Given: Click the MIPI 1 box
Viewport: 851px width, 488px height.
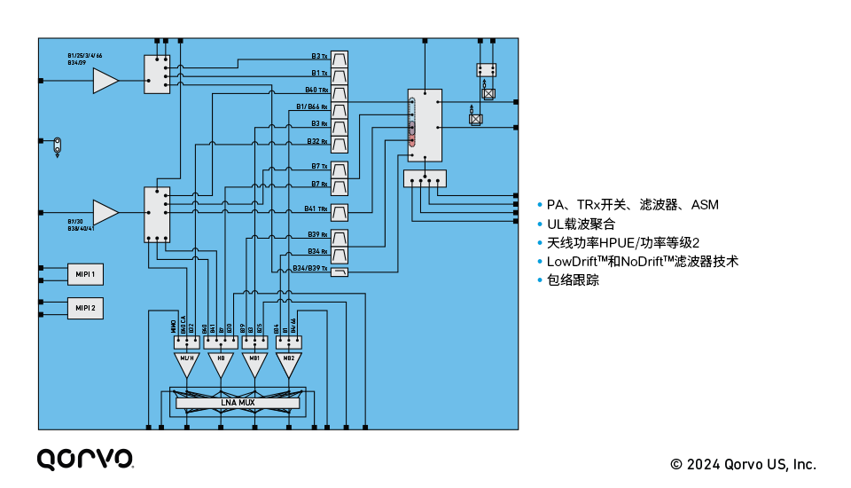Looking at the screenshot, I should [x=85, y=273].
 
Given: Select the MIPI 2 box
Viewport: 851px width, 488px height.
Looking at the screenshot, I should [x=85, y=308].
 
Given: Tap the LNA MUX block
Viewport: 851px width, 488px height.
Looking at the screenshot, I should [x=238, y=403].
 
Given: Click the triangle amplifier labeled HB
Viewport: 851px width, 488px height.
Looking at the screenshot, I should [x=221, y=362].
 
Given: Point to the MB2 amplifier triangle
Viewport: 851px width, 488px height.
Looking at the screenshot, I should [x=286, y=362].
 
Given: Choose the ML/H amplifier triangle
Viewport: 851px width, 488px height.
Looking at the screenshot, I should [x=187, y=362].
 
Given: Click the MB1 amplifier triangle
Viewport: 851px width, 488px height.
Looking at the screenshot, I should [x=254, y=362].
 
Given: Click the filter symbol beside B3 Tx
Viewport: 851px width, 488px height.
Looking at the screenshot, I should [x=340, y=57].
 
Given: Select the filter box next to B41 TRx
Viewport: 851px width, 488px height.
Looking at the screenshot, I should [x=340, y=212].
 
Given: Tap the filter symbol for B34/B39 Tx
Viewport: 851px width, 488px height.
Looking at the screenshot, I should [x=340, y=272].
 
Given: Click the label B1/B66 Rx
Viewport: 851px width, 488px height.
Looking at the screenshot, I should [x=311, y=107].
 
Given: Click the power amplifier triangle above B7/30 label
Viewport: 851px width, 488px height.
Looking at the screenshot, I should [x=105, y=212].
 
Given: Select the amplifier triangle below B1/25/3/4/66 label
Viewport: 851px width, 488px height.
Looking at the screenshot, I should [x=105, y=81].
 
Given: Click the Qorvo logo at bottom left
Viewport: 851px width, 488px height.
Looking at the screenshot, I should [x=85, y=459].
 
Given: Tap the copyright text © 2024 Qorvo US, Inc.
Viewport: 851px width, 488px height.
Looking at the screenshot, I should [x=743, y=464].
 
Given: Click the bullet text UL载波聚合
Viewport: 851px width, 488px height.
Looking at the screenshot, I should [x=581, y=224].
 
